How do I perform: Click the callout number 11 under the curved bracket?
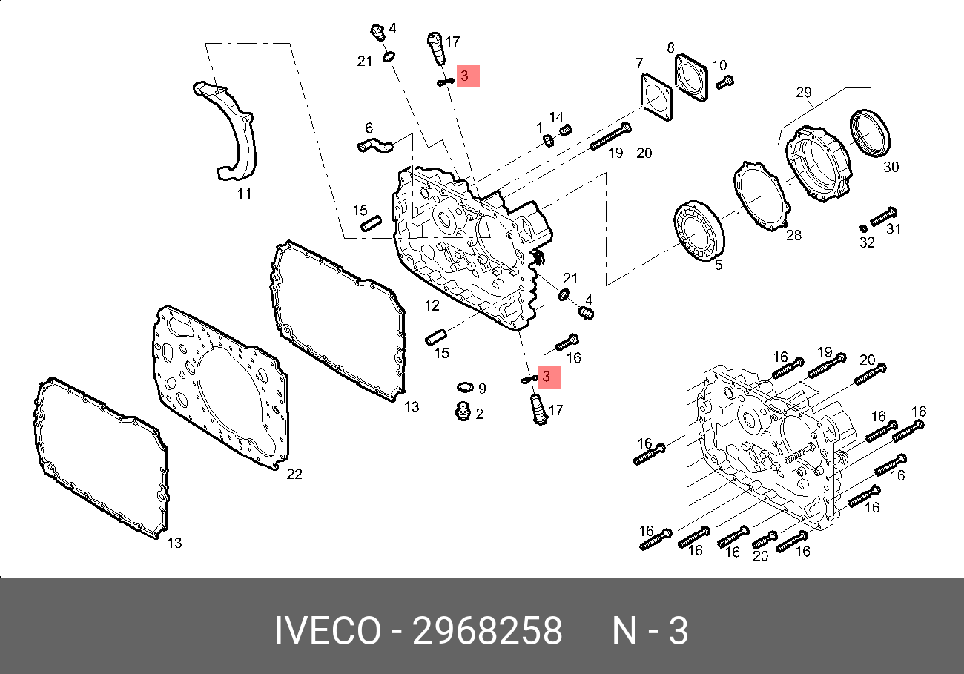(x=244, y=194)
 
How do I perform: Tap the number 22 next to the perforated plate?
(x=294, y=474)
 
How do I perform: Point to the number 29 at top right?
(x=805, y=93)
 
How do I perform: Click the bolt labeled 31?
(x=884, y=217)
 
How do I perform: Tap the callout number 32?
(x=867, y=242)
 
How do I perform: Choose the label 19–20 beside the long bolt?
(x=630, y=153)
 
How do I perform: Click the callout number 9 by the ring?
(x=481, y=388)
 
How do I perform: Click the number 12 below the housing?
(x=432, y=305)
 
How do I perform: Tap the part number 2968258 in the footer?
(x=487, y=632)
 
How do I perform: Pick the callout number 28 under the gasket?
(x=793, y=236)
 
